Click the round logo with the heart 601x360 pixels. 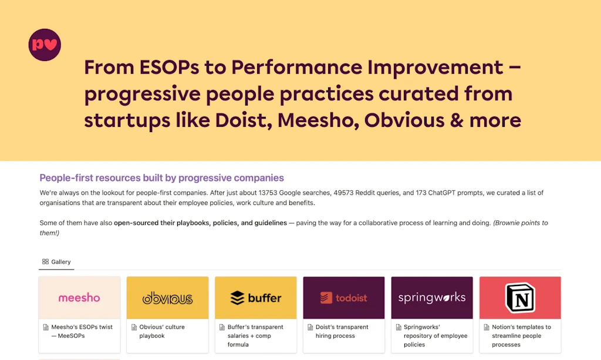(x=45, y=45)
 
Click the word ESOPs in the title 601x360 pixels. (x=169, y=68)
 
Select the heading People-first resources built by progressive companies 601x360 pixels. (x=162, y=178)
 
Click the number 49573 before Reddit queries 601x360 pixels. (x=343, y=193)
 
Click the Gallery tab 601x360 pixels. (x=56, y=262)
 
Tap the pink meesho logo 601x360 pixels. (x=79, y=298)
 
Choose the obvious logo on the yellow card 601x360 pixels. (x=167, y=298)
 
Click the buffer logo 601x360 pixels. (x=256, y=298)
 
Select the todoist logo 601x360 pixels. (x=344, y=298)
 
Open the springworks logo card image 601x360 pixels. (x=432, y=298)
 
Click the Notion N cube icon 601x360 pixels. (x=520, y=298)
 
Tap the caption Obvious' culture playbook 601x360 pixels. (x=162, y=331)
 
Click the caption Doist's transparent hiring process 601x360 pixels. (x=342, y=331)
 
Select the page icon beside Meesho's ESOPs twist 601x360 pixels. (x=46, y=328)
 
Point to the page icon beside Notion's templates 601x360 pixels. (x=487, y=328)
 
